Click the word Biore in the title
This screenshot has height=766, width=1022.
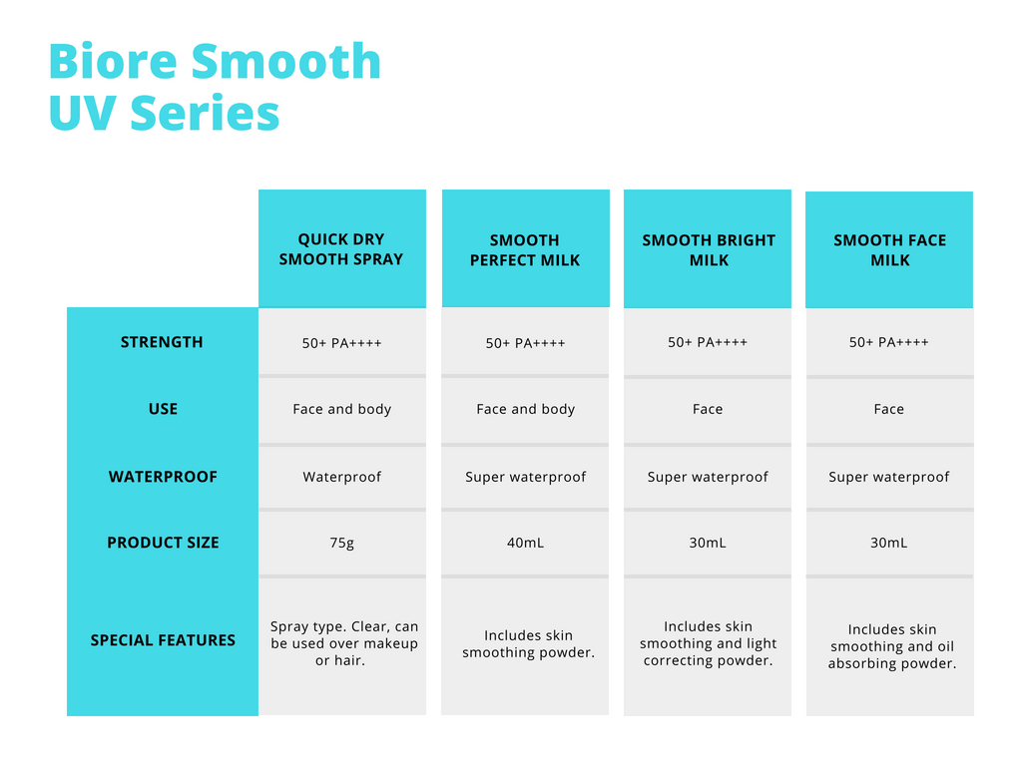point(113,61)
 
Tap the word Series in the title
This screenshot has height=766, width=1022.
point(205,113)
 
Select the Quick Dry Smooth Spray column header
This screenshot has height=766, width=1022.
point(341,248)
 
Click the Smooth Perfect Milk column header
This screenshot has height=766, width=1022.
point(525,248)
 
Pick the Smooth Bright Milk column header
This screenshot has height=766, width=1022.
point(708,248)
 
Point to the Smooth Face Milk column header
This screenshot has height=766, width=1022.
point(889,250)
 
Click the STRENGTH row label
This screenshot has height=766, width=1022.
point(162,342)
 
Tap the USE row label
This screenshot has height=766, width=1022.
point(163,409)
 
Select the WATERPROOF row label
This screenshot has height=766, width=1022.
point(163,477)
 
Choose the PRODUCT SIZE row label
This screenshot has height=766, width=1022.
point(163,543)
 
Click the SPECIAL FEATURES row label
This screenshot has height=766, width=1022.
point(163,640)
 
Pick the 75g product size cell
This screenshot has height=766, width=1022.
point(342,544)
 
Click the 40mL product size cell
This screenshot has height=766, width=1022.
point(525,544)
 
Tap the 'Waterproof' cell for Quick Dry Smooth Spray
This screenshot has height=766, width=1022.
point(342,477)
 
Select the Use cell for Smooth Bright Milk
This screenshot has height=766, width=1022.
point(708,409)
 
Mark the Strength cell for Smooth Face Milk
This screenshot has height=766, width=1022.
point(889,342)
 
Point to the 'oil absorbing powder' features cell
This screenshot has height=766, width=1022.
point(890,646)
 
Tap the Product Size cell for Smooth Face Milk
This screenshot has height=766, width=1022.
point(889,544)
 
